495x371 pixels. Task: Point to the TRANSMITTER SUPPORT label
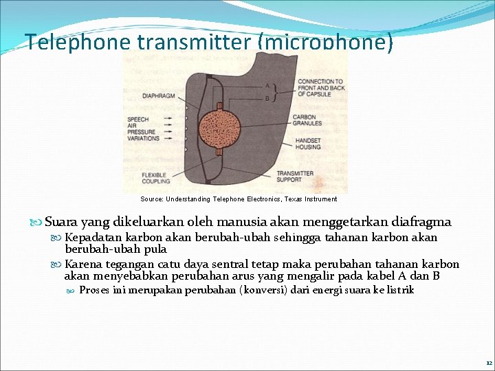[x=295, y=177]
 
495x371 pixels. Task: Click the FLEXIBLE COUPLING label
[x=156, y=177]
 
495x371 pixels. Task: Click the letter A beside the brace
[x=267, y=86]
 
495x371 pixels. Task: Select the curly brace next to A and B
[x=276, y=92]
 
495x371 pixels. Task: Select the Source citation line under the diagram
[x=239, y=199]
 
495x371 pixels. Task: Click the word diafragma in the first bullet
[x=421, y=222]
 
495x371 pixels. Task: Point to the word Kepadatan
[x=91, y=238]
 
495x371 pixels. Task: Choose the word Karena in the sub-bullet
[x=81, y=265]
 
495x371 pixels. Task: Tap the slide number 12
[x=488, y=362]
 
